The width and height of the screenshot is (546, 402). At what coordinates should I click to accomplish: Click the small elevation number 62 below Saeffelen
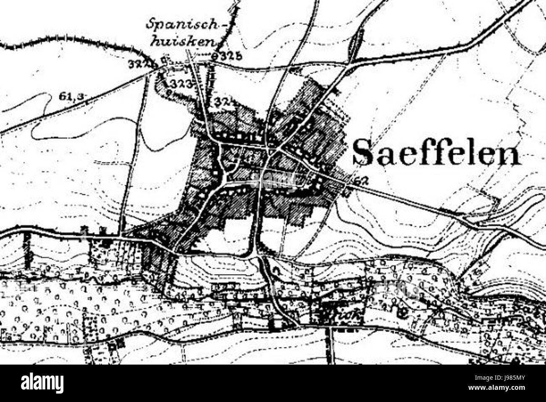(360, 181)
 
